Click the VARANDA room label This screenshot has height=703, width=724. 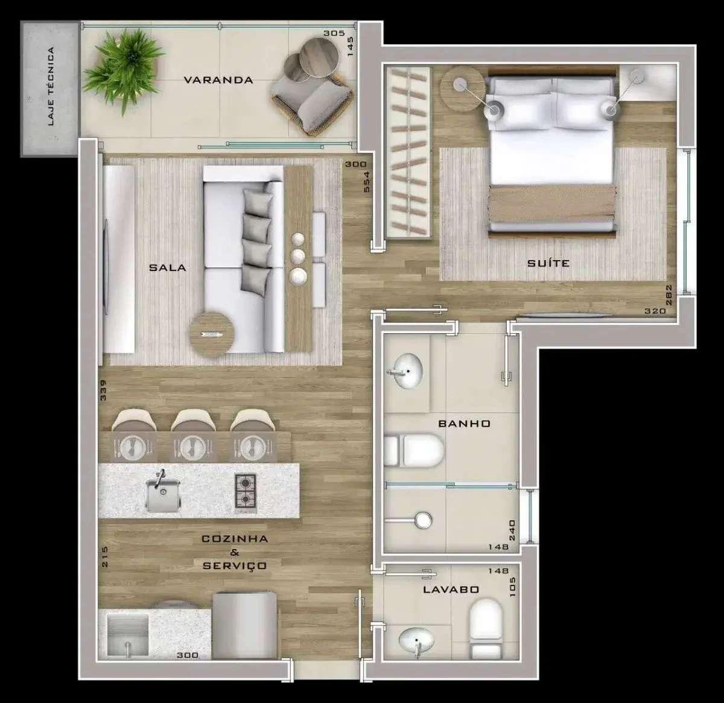point(218,80)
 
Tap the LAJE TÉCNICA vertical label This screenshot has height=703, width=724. point(51,86)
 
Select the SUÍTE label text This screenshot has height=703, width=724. point(548,263)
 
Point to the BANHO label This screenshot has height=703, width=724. point(464,423)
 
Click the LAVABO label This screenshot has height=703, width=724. point(451,590)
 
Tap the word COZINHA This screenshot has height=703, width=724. point(234,538)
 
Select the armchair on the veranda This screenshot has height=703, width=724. point(313,103)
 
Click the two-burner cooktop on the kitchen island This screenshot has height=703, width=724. point(245,491)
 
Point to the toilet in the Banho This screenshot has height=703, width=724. point(414,450)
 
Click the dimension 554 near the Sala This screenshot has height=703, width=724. point(367,181)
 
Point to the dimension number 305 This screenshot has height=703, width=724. point(334,33)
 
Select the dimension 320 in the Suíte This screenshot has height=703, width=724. point(655,311)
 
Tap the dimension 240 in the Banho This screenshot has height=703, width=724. point(512,530)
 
